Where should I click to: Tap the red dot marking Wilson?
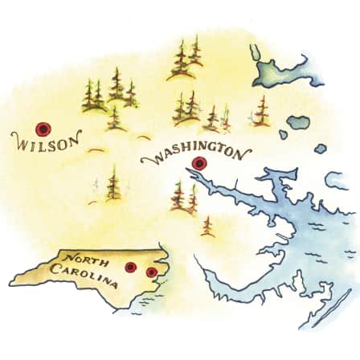click(x=43, y=128)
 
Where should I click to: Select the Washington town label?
click(x=196, y=151)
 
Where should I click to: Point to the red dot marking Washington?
click(x=198, y=164)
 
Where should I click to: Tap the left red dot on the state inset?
click(x=130, y=267)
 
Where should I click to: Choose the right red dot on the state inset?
click(x=150, y=272)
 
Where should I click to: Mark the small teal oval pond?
click(x=299, y=123)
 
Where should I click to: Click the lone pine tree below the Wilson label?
click(x=113, y=184)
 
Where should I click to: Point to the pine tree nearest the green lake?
click(x=262, y=112)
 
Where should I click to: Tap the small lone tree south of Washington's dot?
click(x=207, y=226)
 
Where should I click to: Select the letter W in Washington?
click(x=148, y=162)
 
